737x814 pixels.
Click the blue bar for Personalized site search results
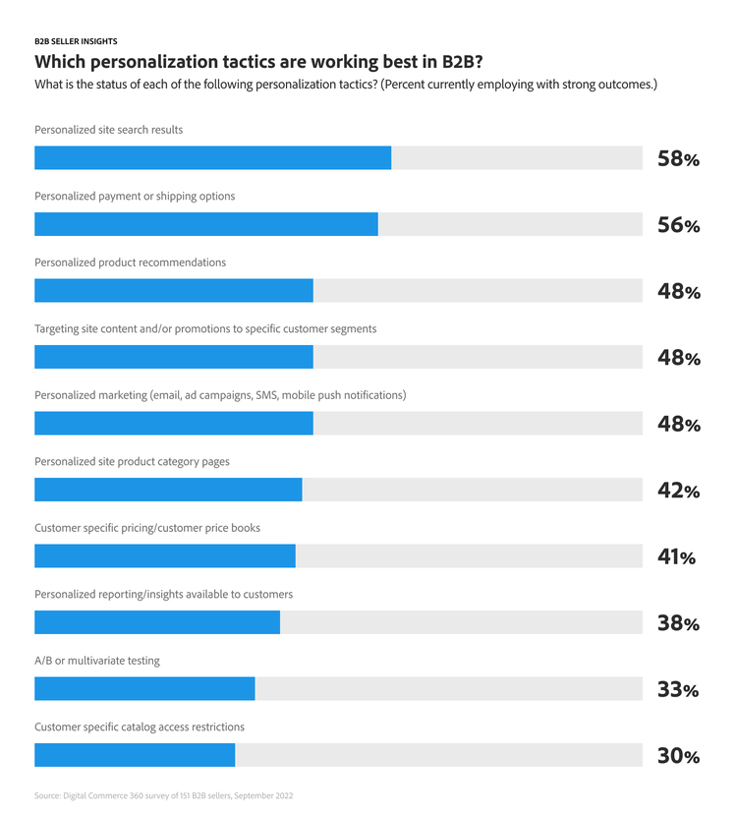212,157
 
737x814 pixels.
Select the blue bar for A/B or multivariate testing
144,688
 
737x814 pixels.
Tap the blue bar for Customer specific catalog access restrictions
135,755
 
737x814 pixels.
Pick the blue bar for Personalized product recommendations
174,290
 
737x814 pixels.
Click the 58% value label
678,158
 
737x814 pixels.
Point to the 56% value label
678,225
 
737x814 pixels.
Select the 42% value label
678,491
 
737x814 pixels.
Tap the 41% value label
676,557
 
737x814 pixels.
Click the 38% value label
678,623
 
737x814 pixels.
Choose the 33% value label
678,690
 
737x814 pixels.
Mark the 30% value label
678,756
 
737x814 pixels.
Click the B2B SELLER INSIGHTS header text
76,41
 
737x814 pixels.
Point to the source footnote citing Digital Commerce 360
163,795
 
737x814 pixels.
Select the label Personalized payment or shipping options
135,196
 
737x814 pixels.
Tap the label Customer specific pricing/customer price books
147,528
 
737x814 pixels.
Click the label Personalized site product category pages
132,461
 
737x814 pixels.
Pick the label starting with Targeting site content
205,328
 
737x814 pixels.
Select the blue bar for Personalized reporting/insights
157,622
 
